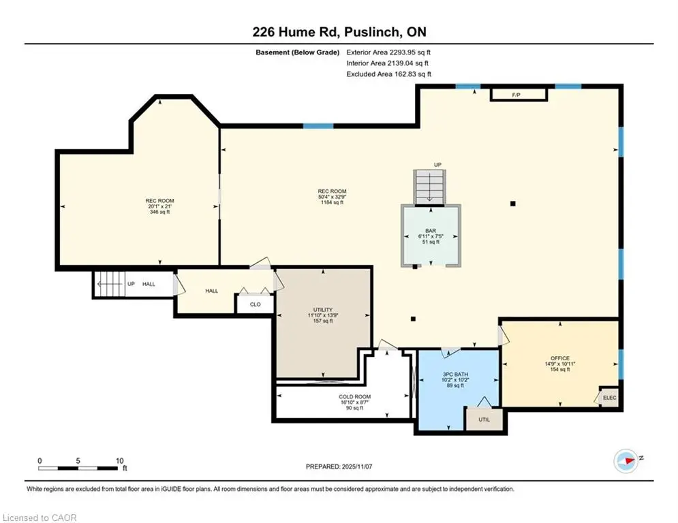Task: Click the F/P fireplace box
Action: [519, 95]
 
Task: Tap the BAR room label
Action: [431, 231]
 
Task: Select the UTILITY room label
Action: [323, 309]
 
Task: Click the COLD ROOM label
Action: [354, 396]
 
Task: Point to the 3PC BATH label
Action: [455, 375]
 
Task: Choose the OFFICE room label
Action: [560, 358]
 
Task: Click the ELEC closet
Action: [609, 398]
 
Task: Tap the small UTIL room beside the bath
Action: [484, 419]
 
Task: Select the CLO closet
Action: [255, 304]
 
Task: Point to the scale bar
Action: [78, 468]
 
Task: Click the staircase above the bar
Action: [430, 187]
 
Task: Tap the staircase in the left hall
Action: [110, 284]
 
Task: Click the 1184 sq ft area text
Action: [332, 202]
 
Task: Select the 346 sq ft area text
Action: [160, 212]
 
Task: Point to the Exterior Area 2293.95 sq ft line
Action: [388, 52]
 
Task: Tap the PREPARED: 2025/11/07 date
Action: [339, 466]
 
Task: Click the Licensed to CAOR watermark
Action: [40, 518]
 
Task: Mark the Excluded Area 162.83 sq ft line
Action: [388, 74]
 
